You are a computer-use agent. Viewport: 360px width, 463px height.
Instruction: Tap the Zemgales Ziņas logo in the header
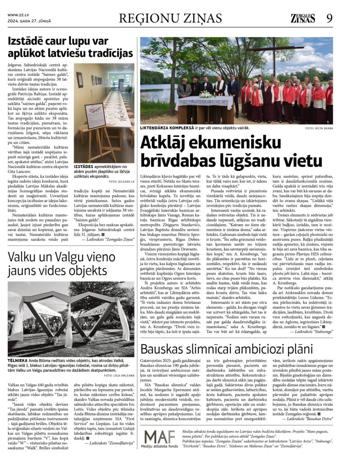[303, 18]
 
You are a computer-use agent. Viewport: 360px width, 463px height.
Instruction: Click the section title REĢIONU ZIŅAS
[170, 18]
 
